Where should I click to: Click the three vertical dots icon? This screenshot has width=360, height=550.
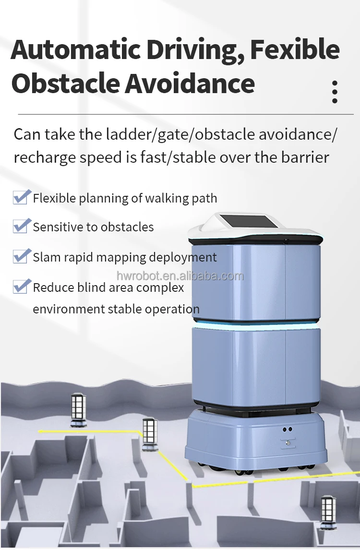[335, 92]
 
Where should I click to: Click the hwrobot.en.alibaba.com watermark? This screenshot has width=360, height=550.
[180, 276]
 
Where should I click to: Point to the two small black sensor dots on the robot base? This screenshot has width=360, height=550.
[288, 430]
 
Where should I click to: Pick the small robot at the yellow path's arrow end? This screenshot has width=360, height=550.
[78, 410]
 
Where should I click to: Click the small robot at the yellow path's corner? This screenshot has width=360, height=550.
[149, 434]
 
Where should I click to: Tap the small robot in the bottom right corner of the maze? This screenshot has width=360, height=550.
[328, 512]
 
